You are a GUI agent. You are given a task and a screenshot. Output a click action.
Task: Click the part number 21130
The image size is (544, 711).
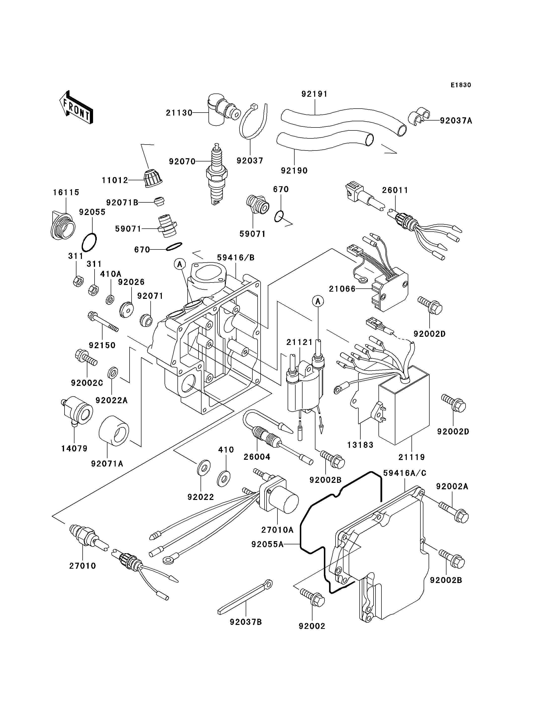pos(179,113)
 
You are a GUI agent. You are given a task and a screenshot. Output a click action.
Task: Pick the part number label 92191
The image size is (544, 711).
pos(314,94)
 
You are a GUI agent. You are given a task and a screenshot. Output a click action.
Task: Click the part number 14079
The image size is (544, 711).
pos(74,449)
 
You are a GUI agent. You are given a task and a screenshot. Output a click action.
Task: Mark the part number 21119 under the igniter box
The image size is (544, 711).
pos(411,457)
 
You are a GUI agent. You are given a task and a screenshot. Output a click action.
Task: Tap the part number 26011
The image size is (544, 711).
pos(395,190)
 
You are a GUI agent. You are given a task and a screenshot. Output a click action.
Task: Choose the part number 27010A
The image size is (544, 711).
pos(277,530)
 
